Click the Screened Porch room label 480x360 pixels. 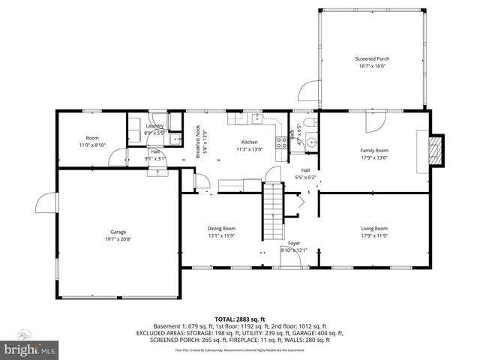coord(372,58)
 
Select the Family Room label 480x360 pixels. coord(373,150)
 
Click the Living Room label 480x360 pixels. coord(373,228)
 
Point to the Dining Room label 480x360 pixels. coord(221,228)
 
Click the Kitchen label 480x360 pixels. coord(249,142)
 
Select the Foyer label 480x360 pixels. coord(295,244)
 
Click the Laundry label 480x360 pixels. coord(155,126)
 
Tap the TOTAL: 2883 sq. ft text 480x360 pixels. coord(239,319)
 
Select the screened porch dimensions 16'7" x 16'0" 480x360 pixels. coord(372,66)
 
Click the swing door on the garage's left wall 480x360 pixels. coord(45,205)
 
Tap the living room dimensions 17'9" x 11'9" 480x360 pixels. coord(373,235)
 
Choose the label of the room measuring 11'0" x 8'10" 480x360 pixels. coord(92,138)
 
